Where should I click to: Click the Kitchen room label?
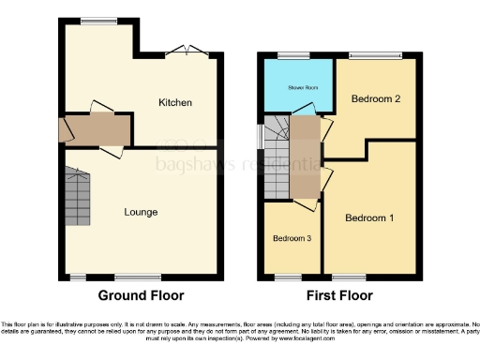[x=174, y=101]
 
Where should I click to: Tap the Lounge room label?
[x=141, y=212]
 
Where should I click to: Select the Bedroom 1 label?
[x=368, y=218]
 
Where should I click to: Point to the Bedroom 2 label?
[x=375, y=98]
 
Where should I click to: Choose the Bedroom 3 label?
[x=292, y=238]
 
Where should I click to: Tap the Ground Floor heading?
[x=142, y=295]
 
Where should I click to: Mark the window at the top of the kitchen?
[x=92, y=21]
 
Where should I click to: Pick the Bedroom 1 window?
[x=348, y=277]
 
